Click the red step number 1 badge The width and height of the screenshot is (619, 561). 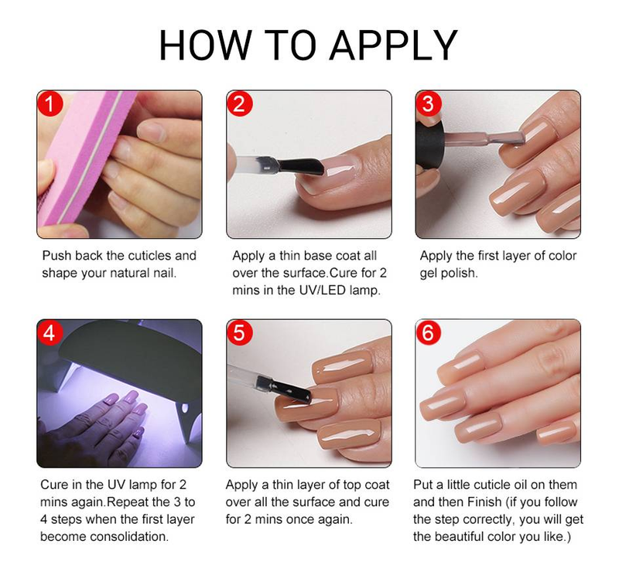50,104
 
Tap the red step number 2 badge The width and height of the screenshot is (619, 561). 239,104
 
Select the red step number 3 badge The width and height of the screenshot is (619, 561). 429,104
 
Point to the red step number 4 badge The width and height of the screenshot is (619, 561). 51,333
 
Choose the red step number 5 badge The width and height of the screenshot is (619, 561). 240,333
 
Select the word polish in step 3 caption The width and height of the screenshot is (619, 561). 460,274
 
